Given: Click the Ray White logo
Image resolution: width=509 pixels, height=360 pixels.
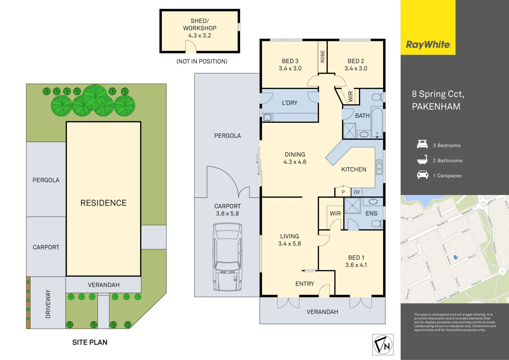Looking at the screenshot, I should click(x=428, y=45).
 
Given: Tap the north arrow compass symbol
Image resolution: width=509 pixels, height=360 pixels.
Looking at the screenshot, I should click(x=383, y=345).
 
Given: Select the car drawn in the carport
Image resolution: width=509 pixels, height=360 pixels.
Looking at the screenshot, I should click(x=227, y=257).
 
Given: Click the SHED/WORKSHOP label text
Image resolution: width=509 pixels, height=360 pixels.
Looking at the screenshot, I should click(x=200, y=25).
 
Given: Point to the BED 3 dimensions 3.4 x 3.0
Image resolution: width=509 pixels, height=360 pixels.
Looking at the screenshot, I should click(x=290, y=69).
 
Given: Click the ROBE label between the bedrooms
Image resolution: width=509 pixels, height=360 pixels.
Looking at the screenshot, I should click(x=322, y=56).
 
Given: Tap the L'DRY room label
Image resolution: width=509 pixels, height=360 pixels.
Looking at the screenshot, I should click(x=289, y=103).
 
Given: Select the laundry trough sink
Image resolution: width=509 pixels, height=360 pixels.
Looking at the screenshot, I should click(x=267, y=117).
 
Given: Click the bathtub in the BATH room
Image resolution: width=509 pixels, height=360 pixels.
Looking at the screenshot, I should click(x=377, y=122).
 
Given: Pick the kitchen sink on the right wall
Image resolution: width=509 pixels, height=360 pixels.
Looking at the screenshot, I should click(x=379, y=167).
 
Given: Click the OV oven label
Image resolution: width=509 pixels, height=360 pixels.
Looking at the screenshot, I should click(x=357, y=192).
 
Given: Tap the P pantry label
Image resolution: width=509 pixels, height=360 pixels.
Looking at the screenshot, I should click(x=343, y=192).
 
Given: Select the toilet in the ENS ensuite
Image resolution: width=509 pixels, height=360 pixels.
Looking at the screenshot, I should click(x=377, y=223).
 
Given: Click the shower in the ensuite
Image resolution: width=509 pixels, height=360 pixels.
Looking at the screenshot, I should click(x=352, y=205).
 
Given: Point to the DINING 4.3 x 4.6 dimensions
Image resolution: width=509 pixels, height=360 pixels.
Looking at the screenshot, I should click(x=295, y=162).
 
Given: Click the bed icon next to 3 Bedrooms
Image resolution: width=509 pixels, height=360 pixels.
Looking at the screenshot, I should click(x=422, y=145).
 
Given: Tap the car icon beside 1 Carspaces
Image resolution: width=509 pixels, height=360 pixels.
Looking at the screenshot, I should click(x=422, y=175).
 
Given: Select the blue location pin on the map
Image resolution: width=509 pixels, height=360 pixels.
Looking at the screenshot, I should click(x=456, y=257).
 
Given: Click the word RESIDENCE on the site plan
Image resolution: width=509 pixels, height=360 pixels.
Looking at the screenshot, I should click(x=103, y=203).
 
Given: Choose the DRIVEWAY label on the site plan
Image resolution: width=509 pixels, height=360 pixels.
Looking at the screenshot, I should click(x=48, y=304).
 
